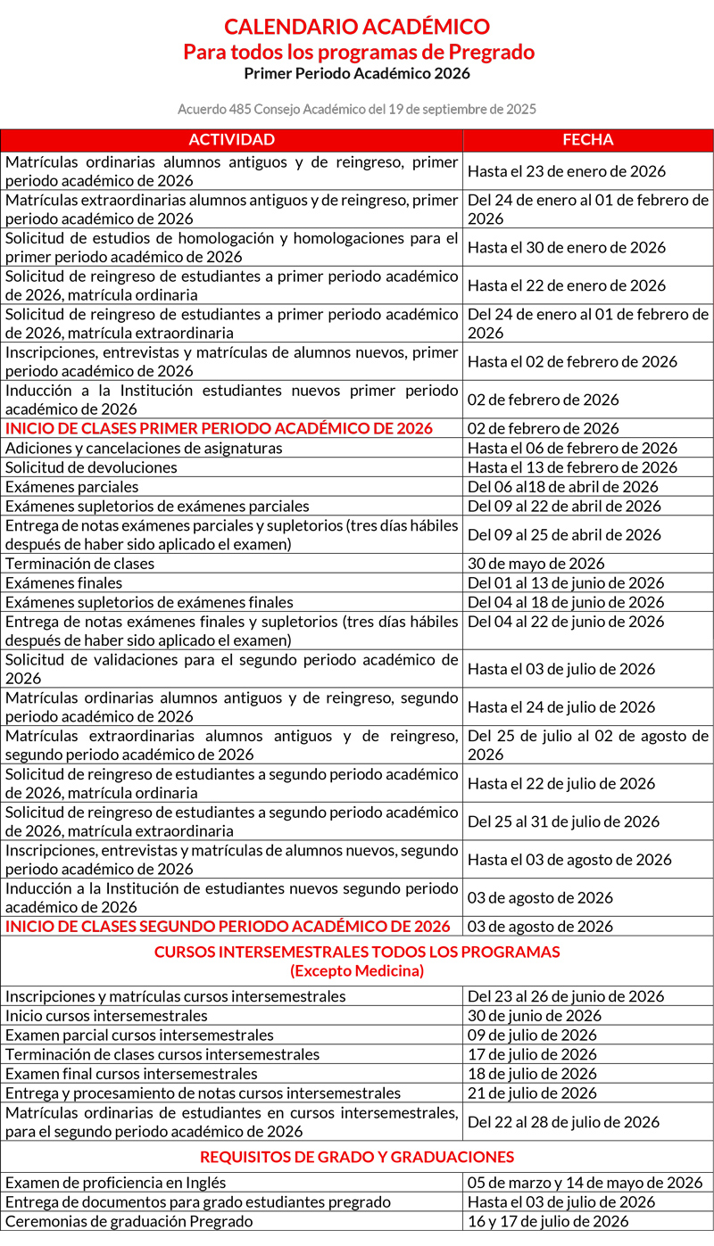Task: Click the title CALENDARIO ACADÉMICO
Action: coord(357,27)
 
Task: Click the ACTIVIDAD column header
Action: coord(231,140)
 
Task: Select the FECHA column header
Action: coord(587,140)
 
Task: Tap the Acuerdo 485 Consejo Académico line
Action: coord(357,110)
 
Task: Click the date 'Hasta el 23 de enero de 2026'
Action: coord(567,171)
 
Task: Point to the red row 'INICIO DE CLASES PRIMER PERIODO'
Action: coord(219,429)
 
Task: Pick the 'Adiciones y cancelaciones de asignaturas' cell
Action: coord(144,448)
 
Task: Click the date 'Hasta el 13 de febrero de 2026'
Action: coord(572,467)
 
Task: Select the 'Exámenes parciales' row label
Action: coord(72,487)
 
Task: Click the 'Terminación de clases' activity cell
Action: coord(80,564)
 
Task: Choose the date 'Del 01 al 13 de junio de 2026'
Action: coord(566,583)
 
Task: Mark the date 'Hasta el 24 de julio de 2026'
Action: coord(561,707)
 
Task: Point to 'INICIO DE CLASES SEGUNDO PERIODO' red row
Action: coord(228,927)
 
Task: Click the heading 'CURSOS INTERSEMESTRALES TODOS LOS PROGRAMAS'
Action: coord(357,953)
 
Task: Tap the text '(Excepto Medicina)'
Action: coord(357,970)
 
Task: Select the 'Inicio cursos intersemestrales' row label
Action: coord(106,1016)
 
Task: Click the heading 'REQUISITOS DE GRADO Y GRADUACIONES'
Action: coord(357,1158)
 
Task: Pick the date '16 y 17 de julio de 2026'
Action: coord(548,1222)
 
